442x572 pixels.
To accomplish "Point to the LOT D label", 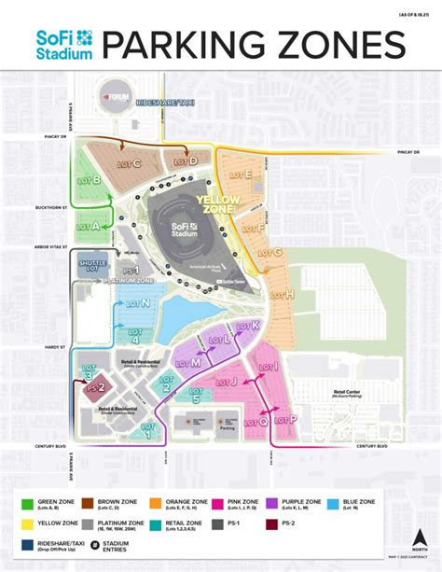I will click(x=186, y=160).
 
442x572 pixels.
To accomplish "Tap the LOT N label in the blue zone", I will click(x=141, y=303).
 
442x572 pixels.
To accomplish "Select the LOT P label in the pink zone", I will click(x=287, y=420).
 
